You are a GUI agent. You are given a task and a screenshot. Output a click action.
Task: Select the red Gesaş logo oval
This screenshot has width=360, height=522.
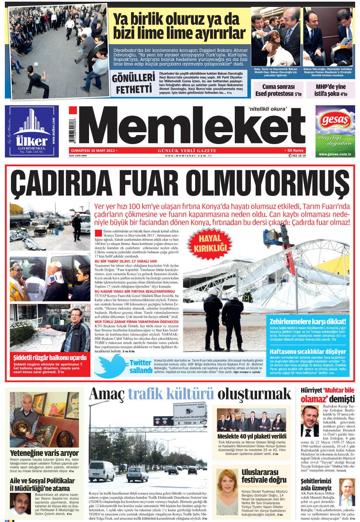[x=335, y=121]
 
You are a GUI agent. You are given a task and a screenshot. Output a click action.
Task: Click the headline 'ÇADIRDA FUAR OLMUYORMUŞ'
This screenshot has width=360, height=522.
[x=179, y=184]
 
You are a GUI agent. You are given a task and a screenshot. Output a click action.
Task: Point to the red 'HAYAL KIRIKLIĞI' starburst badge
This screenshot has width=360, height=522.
[x=210, y=243]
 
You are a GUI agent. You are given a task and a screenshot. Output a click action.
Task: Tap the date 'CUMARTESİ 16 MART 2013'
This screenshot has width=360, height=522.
[x=93, y=151]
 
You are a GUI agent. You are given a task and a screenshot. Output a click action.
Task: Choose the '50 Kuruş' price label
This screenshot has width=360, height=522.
[x=295, y=150]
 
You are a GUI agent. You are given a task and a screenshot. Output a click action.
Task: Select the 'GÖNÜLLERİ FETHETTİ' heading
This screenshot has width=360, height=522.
[x=134, y=84]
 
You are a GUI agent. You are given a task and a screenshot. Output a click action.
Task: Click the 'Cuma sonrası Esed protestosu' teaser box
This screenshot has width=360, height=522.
[x=278, y=90]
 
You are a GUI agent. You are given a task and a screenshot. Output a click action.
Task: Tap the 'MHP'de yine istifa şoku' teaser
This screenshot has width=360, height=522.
[x=330, y=90]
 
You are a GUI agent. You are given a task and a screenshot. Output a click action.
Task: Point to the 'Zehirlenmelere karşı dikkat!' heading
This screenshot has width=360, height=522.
[x=308, y=322]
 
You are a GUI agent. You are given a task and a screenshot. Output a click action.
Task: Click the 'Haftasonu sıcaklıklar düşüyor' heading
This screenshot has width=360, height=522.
[x=308, y=351]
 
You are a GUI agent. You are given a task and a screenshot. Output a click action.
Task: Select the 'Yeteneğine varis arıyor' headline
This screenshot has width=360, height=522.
[x=44, y=453]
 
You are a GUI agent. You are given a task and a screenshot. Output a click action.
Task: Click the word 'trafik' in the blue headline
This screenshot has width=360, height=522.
[x=148, y=394]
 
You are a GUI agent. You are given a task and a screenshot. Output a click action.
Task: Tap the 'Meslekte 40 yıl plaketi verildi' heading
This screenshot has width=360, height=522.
[x=252, y=436]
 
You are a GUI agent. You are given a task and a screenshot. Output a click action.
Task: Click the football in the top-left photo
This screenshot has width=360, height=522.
[x=36, y=64]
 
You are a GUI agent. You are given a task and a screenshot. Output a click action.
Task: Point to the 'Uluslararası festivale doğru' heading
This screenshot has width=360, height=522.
[x=264, y=476]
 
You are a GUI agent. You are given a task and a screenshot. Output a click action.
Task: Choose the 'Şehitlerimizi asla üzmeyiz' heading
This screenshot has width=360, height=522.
[x=316, y=484]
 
